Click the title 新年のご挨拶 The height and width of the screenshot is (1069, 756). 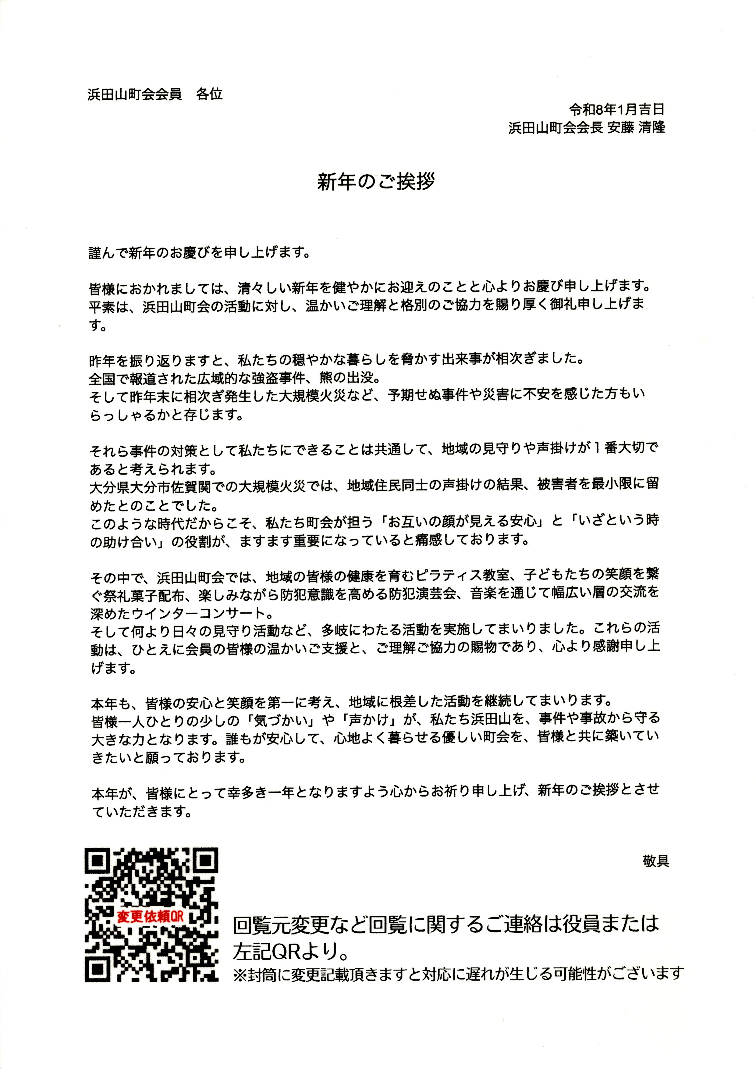point(376,182)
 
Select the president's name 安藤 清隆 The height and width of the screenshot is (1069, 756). point(642,128)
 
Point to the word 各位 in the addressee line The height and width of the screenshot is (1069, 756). point(209,94)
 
